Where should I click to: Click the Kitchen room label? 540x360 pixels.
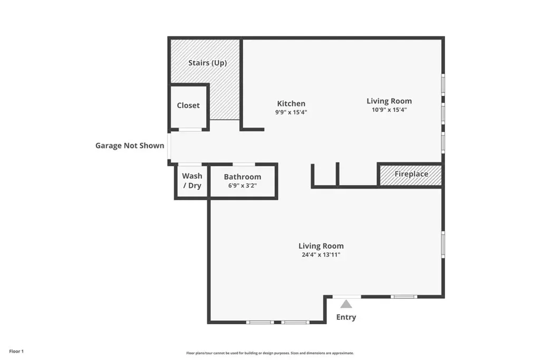(x=291, y=104)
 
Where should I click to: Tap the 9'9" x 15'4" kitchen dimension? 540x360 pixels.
(x=291, y=112)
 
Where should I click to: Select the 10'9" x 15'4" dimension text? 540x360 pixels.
(x=389, y=110)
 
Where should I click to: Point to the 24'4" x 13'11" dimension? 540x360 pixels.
(x=321, y=255)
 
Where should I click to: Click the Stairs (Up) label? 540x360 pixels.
(x=207, y=63)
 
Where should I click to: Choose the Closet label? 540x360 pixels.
(x=188, y=105)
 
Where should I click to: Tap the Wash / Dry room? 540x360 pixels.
(x=192, y=181)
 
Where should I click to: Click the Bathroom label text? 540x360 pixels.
(x=243, y=177)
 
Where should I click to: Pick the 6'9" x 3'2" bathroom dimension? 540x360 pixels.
(x=243, y=186)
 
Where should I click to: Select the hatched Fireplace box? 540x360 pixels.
(x=410, y=175)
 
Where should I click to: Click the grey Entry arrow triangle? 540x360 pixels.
(x=346, y=304)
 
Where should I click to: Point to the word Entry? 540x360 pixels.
(x=346, y=317)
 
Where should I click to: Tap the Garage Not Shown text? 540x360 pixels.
(x=130, y=145)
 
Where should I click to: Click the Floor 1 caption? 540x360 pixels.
(x=16, y=352)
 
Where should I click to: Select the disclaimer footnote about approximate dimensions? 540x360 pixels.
(x=270, y=353)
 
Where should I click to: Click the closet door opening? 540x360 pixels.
(x=190, y=130)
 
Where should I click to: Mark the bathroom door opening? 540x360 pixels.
(x=244, y=164)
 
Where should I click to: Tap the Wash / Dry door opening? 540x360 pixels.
(x=190, y=164)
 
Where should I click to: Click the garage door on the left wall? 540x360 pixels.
(x=169, y=147)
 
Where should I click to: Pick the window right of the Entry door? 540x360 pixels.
(x=403, y=296)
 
